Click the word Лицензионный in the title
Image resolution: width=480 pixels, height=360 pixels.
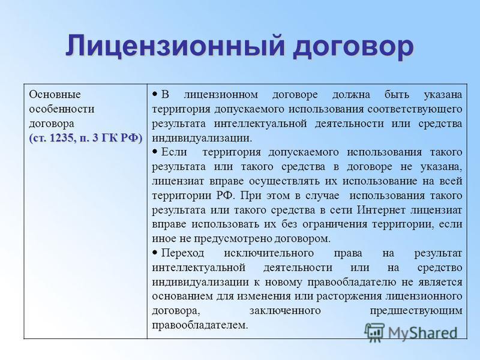pos(175,46)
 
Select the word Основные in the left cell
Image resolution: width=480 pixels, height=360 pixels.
pos(55,94)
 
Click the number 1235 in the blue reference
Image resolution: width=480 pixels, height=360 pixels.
pos(62,138)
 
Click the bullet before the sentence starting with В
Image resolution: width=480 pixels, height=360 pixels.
pos(155,94)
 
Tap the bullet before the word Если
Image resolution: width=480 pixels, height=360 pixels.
pos(155,151)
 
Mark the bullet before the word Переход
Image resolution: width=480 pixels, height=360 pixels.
pos(155,252)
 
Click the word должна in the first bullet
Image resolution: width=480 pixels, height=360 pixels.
pos(351,95)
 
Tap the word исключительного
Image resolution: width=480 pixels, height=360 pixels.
pos(269,253)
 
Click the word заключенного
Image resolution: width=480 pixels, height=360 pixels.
pos(285,311)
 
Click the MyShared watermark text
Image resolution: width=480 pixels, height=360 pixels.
pos(422,333)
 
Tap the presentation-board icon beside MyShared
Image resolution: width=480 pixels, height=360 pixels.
pos(374,332)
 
